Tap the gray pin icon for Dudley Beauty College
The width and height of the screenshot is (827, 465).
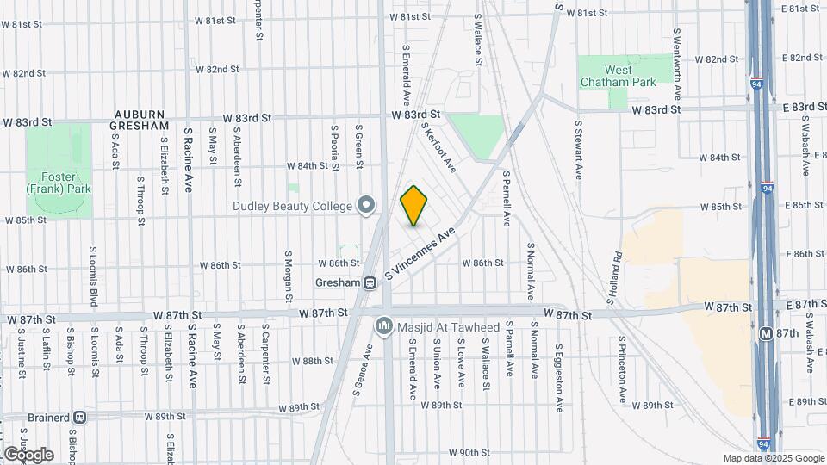[x=367, y=205]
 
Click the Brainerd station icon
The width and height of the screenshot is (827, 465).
[x=80, y=417]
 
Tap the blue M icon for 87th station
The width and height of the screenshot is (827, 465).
[x=765, y=332]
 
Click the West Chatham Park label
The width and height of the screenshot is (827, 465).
[x=618, y=76]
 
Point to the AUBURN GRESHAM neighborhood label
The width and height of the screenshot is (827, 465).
[x=139, y=120]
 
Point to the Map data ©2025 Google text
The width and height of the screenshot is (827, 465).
[x=774, y=458]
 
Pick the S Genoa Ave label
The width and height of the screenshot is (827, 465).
[x=363, y=369]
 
